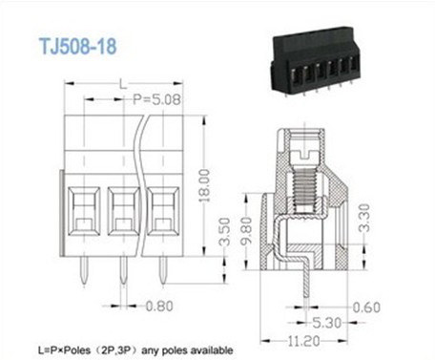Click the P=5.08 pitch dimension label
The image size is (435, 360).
157,99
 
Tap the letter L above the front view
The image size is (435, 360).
123,85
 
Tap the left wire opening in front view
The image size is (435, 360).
83,207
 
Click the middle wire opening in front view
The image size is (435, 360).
124,207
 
